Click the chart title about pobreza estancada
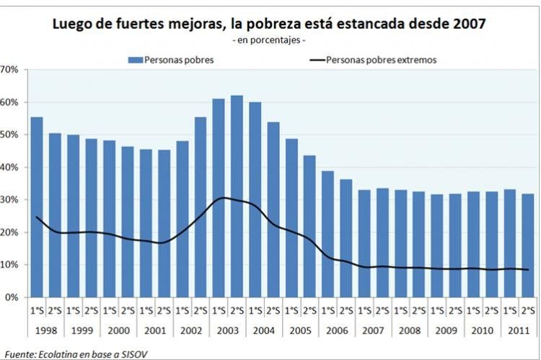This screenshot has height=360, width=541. click(269, 24)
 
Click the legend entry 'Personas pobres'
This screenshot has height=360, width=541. click(172, 60)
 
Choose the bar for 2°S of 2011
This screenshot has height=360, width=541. click(528, 245)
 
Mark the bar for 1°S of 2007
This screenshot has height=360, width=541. click(364, 243)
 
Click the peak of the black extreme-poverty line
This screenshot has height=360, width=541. click(224, 198)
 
